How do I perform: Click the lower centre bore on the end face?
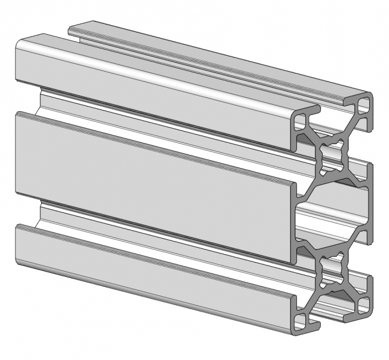[331, 271]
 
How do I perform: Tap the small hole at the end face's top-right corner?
[364, 108]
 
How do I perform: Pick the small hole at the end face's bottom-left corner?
[299, 311]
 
